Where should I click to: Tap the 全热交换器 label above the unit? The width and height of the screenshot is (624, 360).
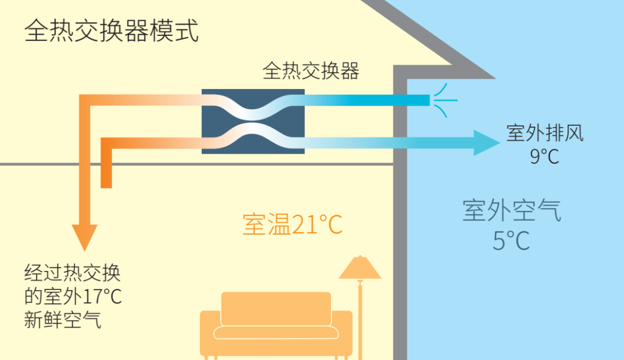[x=311, y=71]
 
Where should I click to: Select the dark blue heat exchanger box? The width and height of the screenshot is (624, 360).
[x=253, y=121]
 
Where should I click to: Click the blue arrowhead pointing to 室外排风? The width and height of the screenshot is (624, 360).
[x=485, y=143]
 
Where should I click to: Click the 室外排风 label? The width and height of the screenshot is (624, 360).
[x=545, y=133]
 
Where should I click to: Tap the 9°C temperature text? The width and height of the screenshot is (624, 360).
[x=545, y=156]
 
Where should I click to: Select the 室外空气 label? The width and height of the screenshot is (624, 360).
[x=511, y=210]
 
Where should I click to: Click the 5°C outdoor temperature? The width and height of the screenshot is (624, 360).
[x=511, y=240]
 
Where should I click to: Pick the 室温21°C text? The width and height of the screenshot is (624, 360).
[x=292, y=225]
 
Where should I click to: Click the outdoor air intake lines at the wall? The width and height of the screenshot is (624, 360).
[x=445, y=100]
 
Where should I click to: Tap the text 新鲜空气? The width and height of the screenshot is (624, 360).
[x=62, y=320]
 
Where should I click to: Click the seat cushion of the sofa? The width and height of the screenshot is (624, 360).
[x=276, y=332]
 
